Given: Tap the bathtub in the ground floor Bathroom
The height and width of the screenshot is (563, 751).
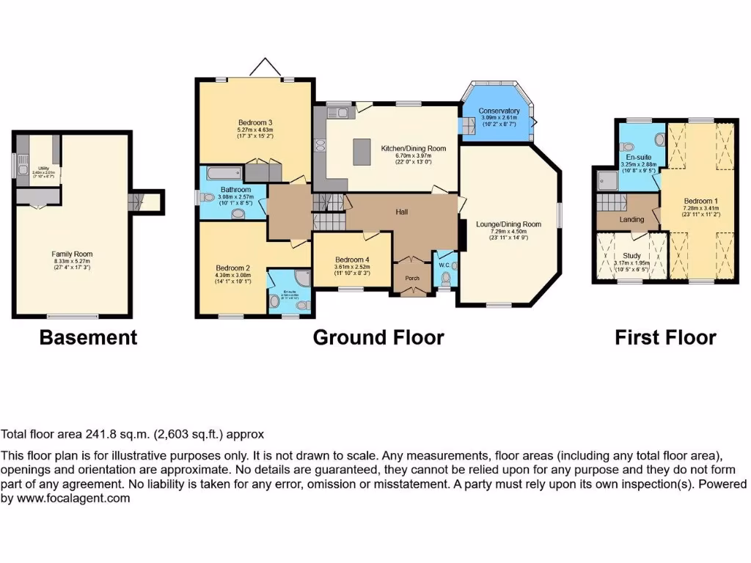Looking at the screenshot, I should click(x=223, y=174).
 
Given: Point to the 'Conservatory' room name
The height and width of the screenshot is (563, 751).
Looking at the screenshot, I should click(x=499, y=111).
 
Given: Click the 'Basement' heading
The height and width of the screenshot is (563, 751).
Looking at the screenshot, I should click(x=88, y=337).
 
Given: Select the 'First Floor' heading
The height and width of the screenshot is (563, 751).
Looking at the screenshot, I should click(x=665, y=337).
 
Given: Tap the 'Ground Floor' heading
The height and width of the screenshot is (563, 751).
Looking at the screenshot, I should click(x=378, y=337).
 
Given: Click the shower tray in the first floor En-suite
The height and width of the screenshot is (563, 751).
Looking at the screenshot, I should click(x=607, y=180).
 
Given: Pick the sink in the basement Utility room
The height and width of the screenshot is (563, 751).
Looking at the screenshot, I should click(x=23, y=170).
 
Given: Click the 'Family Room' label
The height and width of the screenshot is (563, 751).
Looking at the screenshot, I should click(x=73, y=254).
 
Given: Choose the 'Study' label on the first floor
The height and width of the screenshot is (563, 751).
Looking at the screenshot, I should click(x=631, y=256).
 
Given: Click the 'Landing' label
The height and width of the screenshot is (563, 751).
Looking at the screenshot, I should click(x=631, y=219).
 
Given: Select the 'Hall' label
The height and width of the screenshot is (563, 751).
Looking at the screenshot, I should click(x=402, y=212).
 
